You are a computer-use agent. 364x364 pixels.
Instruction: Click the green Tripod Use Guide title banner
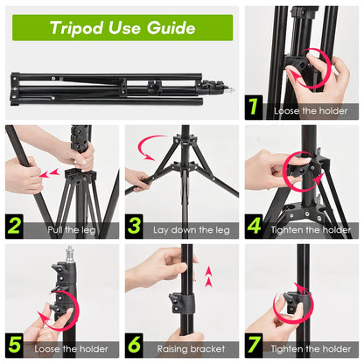122,27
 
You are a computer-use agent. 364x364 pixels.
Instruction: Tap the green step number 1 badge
254,108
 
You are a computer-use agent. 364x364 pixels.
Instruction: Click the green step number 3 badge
135,227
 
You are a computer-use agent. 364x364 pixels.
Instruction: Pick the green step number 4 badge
254,227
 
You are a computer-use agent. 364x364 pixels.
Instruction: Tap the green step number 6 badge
135,346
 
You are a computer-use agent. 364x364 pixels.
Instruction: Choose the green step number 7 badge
254,346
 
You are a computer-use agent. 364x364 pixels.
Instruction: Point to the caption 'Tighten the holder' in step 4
311,231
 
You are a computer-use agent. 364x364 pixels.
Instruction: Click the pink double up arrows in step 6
207,281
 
